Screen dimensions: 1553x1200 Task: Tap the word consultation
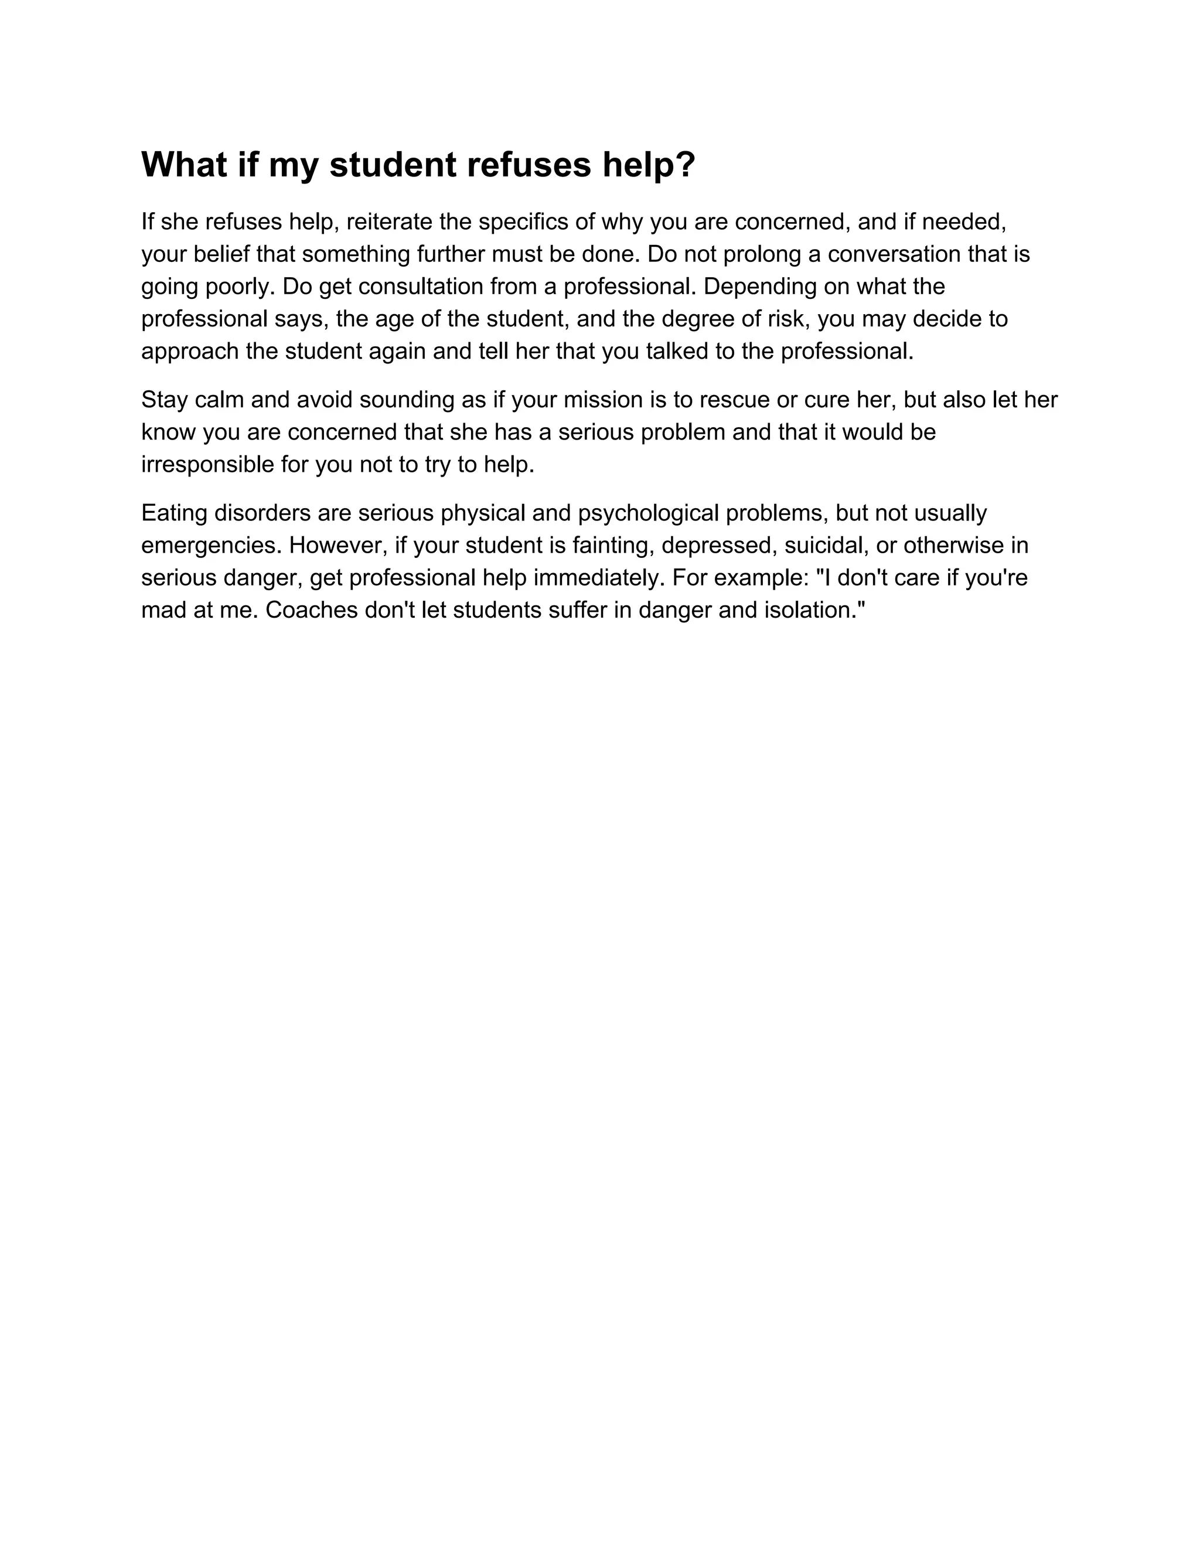(x=414, y=287)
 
